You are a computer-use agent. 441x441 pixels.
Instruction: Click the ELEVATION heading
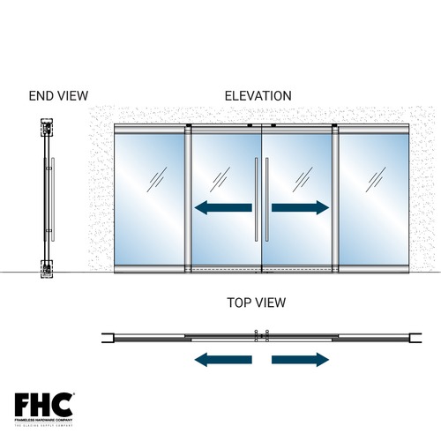pyautogui.click(x=258, y=95)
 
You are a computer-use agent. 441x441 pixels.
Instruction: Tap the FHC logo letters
pyautogui.click(x=43, y=405)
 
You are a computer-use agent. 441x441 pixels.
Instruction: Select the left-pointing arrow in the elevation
pyautogui.click(x=223, y=208)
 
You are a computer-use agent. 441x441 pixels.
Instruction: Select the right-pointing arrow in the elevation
pyautogui.click(x=301, y=208)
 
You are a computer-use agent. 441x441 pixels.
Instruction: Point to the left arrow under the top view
pyautogui.click(x=223, y=359)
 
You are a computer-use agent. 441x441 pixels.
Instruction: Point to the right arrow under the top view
pyautogui.click(x=301, y=359)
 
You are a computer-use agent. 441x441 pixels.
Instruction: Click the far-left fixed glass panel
pyautogui.click(x=150, y=198)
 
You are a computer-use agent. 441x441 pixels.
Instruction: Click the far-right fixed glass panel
pyautogui.click(x=373, y=198)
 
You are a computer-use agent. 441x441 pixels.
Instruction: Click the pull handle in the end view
pyautogui.click(x=52, y=198)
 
